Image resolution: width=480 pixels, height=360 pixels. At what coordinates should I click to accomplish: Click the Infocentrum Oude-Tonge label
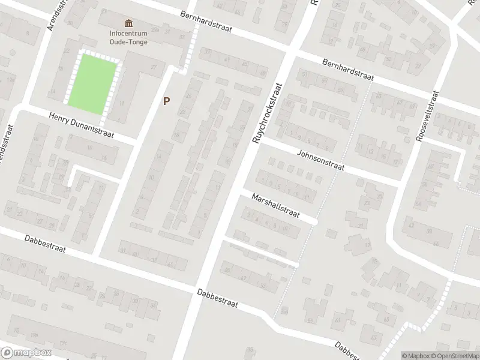pyautogui.click(x=128, y=37)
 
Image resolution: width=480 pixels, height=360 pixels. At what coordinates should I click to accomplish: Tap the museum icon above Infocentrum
pyautogui.click(x=128, y=23)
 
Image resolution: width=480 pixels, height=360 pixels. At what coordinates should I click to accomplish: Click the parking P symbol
pyautogui.click(x=166, y=101)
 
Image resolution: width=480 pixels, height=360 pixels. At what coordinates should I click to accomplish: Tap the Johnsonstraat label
pyautogui.click(x=320, y=160)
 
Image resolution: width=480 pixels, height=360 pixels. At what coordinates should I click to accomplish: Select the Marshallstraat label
pyautogui.click(x=275, y=206)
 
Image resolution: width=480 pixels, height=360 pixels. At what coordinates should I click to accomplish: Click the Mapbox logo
pyautogui.click(x=26, y=353)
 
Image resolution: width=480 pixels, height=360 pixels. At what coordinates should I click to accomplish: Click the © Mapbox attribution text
pyautogui.click(x=415, y=355)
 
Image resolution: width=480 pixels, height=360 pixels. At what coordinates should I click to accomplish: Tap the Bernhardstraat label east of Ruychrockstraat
pyautogui.click(x=347, y=70)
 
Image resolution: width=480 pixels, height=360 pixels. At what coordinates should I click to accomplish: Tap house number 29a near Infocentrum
pyautogui.click(x=155, y=29)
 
